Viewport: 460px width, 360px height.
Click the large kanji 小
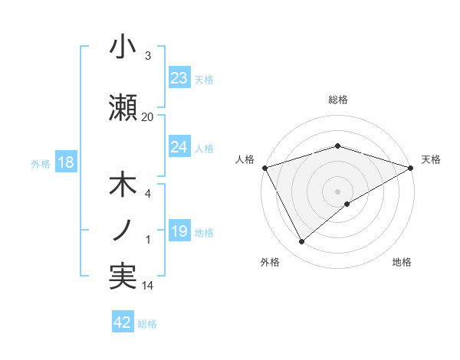tap(123, 47)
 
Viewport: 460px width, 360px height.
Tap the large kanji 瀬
tap(123, 108)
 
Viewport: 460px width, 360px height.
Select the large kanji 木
tap(123, 186)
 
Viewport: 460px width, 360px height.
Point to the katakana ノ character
tap(123, 231)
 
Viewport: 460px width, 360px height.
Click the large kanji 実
tap(123, 277)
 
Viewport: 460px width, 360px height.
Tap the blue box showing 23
tap(179, 78)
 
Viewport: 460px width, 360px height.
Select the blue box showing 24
tap(179, 147)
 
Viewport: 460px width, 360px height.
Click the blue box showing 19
tap(179, 232)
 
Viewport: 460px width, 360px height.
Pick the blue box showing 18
tap(66, 163)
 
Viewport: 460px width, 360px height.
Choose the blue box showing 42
tap(123, 322)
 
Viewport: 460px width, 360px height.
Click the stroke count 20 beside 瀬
tap(147, 116)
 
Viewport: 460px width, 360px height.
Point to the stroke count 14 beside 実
tap(147, 286)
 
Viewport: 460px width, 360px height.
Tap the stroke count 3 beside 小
tap(148, 56)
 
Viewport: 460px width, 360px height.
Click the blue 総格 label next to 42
tap(147, 324)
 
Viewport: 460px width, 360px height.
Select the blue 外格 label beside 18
tap(41, 164)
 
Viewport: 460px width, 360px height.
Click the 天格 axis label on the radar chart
tap(431, 159)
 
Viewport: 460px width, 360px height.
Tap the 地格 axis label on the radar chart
tap(402, 262)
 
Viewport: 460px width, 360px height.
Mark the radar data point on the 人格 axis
tap(264, 167)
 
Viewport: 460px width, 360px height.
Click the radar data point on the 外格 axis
tap(302, 242)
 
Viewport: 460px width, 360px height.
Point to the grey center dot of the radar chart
tap(337, 190)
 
